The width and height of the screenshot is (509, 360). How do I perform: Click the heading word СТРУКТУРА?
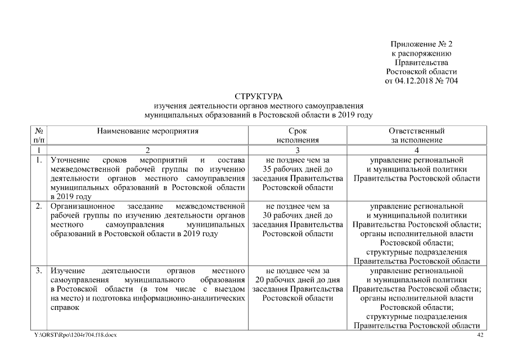(258, 97)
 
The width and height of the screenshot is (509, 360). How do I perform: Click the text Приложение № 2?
(421, 44)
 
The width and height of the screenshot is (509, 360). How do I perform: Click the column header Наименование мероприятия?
(148, 131)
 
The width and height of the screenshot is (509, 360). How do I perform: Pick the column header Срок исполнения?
(297, 136)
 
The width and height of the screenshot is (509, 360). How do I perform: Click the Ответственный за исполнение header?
(416, 136)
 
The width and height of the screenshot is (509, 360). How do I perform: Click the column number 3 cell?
(297, 150)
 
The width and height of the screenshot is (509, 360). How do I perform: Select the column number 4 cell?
(416, 150)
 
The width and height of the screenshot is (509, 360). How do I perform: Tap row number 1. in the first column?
(38, 160)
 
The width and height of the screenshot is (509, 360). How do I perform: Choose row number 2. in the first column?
(38, 206)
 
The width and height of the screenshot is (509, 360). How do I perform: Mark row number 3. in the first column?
(38, 271)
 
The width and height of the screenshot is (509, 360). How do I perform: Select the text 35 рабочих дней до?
(297, 169)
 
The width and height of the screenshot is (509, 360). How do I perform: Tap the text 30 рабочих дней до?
(297, 215)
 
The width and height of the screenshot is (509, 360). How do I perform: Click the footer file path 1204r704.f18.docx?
(93, 335)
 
